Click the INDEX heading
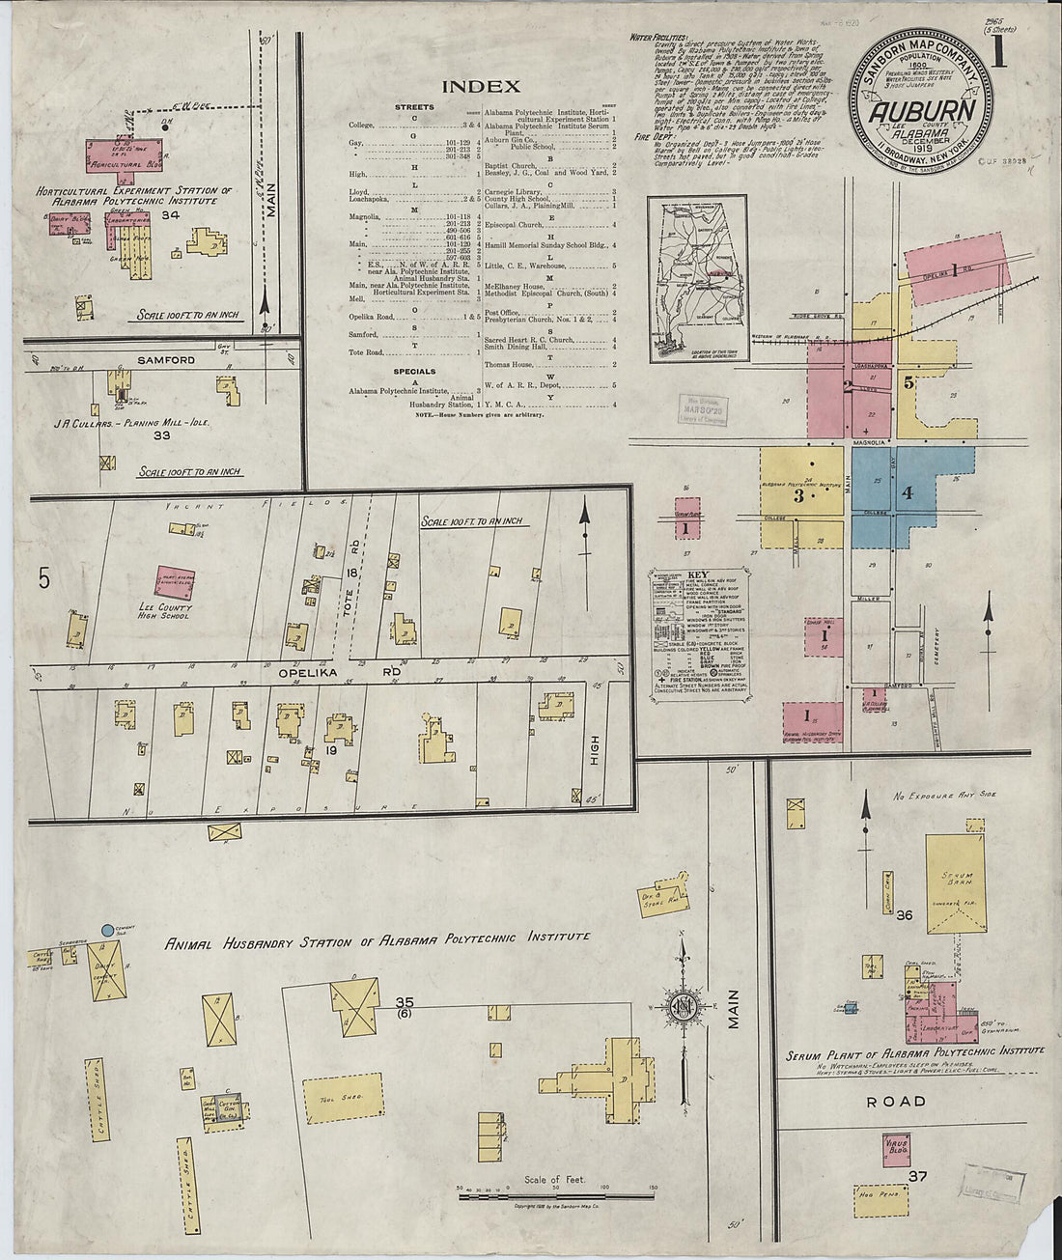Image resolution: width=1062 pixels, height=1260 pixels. (x=481, y=87)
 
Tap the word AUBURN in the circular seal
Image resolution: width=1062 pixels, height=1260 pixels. (x=920, y=111)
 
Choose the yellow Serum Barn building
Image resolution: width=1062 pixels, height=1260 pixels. (x=957, y=884)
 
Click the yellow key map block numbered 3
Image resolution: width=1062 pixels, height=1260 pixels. (x=799, y=496)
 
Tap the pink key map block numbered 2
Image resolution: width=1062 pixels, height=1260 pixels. (x=848, y=386)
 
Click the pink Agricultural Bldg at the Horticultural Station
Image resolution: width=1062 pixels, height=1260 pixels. (x=126, y=154)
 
